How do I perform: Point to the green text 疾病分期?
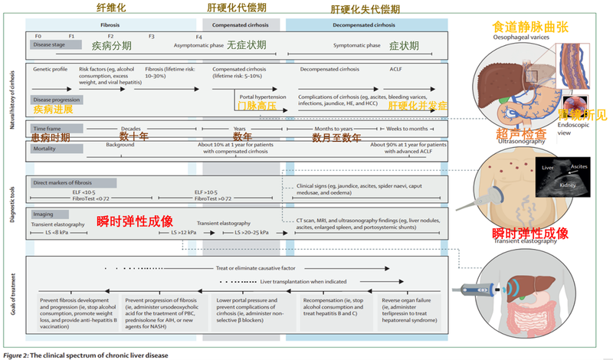pyautogui.click(x=113, y=45)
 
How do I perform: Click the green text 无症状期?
pyautogui.click(x=247, y=45)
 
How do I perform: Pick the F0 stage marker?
pyautogui.click(x=38, y=36)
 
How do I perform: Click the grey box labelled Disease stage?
pyautogui.click(x=54, y=45)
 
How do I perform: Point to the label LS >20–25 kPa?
pyautogui.click(x=248, y=231)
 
